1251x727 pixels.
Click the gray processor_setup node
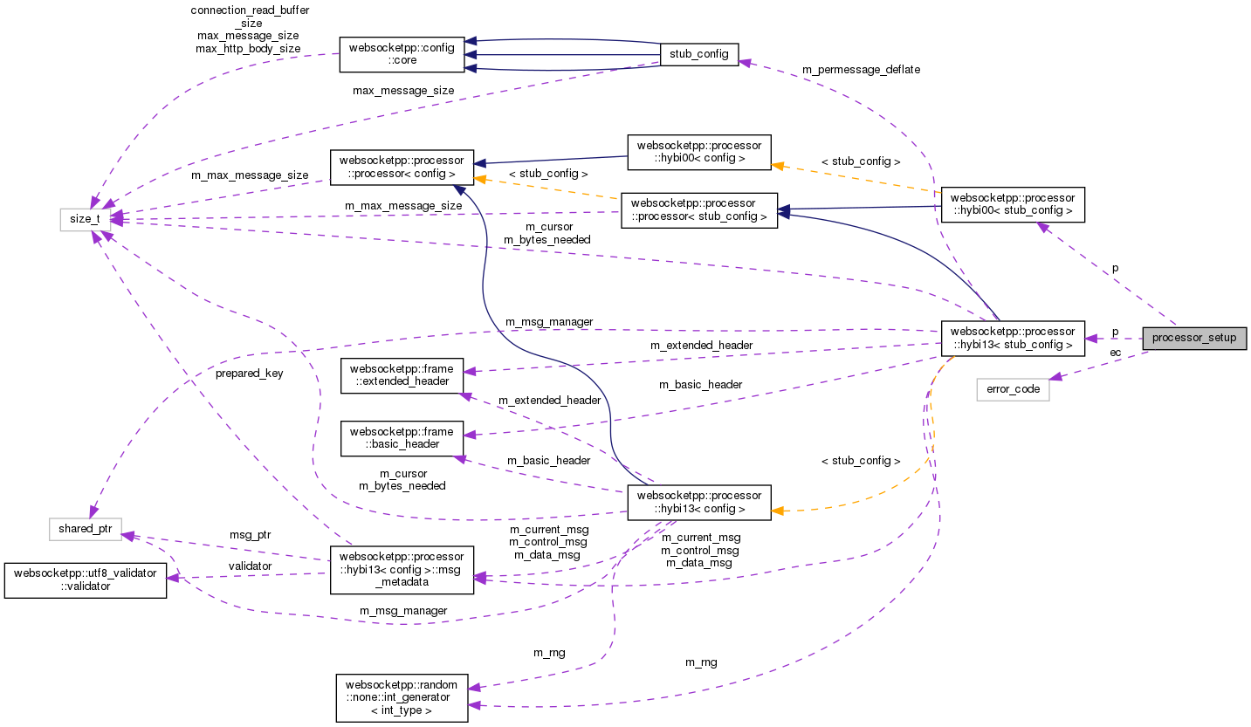[1194, 338]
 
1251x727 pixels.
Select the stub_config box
[699, 54]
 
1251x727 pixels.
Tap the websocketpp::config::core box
[402, 54]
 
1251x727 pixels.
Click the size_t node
[79, 218]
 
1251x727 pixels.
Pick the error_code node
[1013, 389]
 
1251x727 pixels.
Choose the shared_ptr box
[84, 529]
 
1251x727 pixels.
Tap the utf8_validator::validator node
[85, 580]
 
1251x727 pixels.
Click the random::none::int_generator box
[402, 696]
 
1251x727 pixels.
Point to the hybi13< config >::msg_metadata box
[402, 570]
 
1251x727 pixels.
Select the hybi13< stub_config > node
[1013, 338]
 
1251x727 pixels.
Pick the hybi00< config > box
[699, 152]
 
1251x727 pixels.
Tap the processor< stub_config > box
[699, 210]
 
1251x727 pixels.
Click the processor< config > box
[402, 167]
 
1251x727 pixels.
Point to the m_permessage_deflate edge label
[861, 69]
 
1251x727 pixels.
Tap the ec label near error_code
[1115, 352]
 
